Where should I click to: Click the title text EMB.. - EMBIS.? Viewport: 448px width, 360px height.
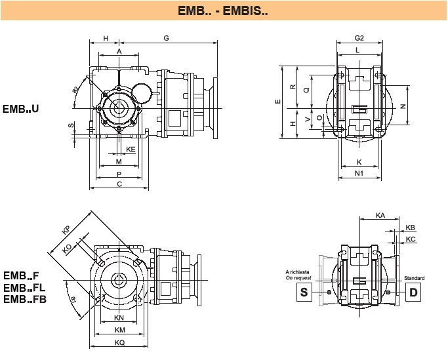coord(223,11)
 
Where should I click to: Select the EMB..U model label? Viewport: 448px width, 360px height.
coord(20,108)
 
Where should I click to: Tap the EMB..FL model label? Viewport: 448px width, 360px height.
coord(24,288)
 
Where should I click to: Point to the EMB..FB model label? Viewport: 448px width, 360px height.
coord(24,299)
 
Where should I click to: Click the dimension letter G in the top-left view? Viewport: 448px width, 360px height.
coord(167,39)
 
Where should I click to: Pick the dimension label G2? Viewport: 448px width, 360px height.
coord(359,39)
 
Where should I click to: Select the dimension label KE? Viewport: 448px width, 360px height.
coord(131,150)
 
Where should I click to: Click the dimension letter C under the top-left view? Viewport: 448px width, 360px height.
coord(119,185)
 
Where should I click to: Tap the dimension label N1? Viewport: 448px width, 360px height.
coord(359,173)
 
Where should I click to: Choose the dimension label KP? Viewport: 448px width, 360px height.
coord(66,229)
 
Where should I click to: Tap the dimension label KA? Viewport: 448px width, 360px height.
coord(380,215)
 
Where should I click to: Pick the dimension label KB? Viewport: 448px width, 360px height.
coord(411,228)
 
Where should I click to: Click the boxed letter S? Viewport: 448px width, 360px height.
coord(304,292)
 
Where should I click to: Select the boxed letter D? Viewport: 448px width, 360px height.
coord(414,292)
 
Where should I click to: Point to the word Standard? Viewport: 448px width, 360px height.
coord(414,278)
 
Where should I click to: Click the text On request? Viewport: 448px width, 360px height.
coord(297,278)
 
